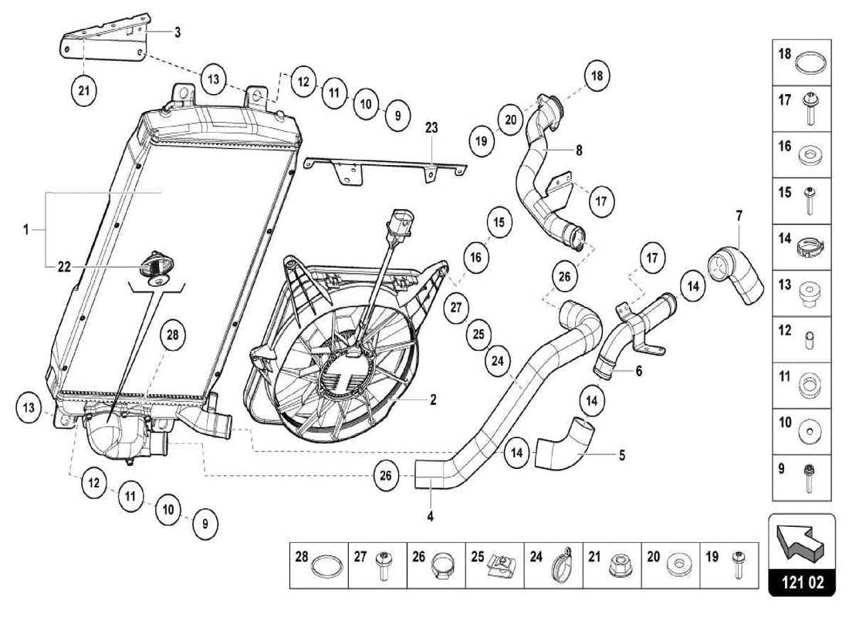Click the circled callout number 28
[172, 335]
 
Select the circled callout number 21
[83, 90]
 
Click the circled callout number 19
[483, 141]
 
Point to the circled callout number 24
[499, 360]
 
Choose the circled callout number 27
[456, 307]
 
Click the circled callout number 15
[499, 223]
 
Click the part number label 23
[431, 128]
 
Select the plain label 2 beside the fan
[433, 400]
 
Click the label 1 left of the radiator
[25, 229]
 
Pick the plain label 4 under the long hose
[430, 516]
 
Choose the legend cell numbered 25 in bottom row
[495, 566]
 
